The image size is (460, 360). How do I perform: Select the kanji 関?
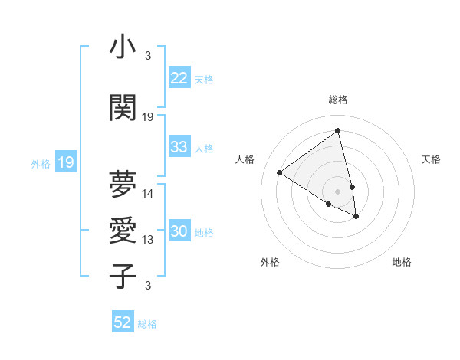point(123,107)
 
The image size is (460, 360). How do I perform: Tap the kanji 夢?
point(123,184)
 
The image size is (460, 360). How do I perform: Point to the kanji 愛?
point(123,230)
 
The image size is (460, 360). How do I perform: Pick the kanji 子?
point(123,276)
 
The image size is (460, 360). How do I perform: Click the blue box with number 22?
point(179,78)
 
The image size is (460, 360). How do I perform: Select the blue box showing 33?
point(179,147)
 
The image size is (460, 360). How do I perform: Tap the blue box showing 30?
point(179,232)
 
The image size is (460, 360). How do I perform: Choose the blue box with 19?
point(65,162)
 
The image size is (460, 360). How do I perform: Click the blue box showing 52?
point(123,322)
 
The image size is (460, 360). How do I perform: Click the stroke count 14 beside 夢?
point(148,194)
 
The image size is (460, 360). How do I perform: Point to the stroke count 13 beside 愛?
point(148,240)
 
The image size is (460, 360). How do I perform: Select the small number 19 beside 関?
point(148,117)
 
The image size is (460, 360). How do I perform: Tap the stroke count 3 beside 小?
point(148,56)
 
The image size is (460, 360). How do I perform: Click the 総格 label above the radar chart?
point(337,100)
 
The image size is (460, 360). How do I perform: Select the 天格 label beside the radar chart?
point(431,159)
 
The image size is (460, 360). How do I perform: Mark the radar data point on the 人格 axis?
point(279,172)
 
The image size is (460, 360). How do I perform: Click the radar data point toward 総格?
point(337,131)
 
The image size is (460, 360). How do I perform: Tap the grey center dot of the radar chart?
point(337,190)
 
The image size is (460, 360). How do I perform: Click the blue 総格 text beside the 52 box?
point(147,324)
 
